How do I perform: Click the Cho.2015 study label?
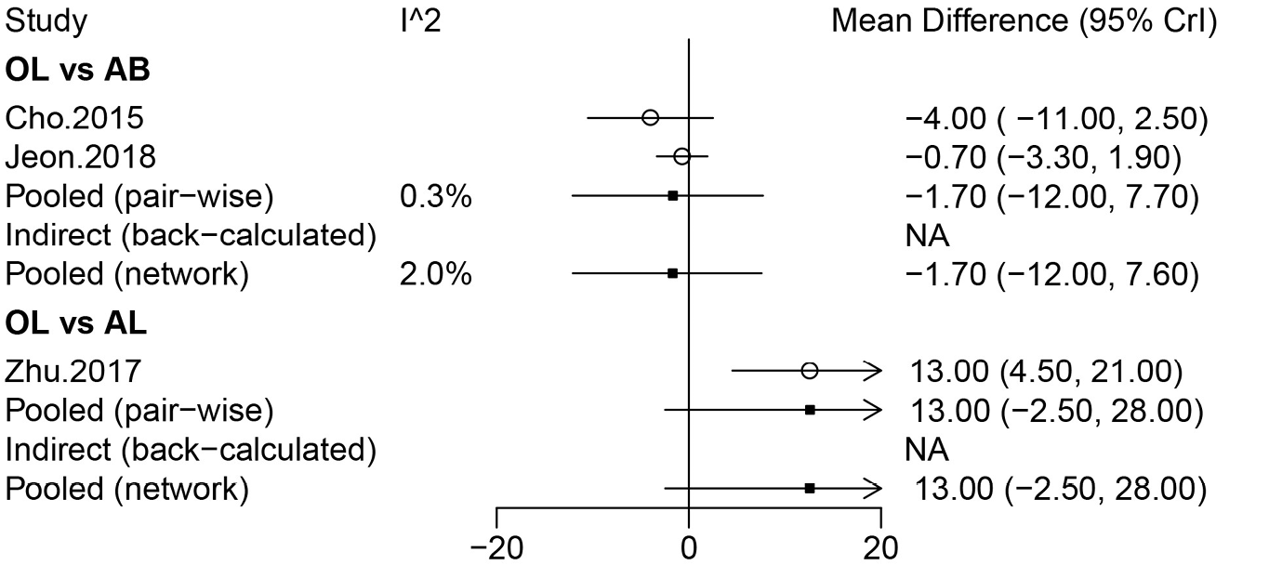74,118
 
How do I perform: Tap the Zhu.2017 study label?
73,371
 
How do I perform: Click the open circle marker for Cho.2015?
650,118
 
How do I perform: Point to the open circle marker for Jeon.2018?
681,157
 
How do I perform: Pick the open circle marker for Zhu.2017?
809,371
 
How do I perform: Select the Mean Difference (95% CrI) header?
1024,21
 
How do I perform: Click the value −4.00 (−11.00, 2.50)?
1055,118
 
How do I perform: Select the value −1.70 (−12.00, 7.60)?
1050,274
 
